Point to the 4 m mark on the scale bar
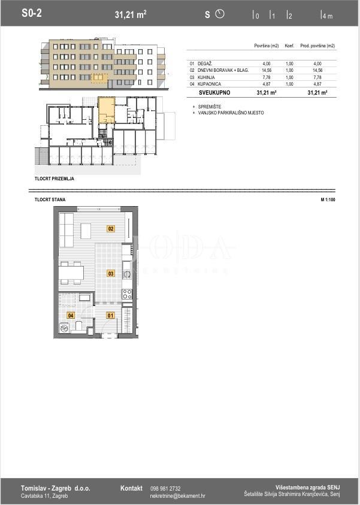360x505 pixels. (x=326, y=16)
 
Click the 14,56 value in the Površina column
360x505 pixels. (x=267, y=70)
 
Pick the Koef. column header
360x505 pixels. (x=289, y=46)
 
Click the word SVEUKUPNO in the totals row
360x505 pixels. (x=214, y=93)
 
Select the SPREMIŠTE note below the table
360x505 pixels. (x=209, y=107)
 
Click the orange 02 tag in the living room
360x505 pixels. (x=111, y=228)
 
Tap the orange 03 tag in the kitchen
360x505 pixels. (x=111, y=273)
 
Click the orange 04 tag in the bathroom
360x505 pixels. (x=70, y=315)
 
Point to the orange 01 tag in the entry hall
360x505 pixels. (x=110, y=315)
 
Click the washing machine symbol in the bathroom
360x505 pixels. (x=65, y=328)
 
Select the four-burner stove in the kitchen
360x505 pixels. (x=127, y=294)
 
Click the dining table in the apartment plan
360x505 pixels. (x=71, y=274)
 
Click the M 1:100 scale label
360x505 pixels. (x=328, y=199)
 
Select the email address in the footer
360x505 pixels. (x=177, y=496)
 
